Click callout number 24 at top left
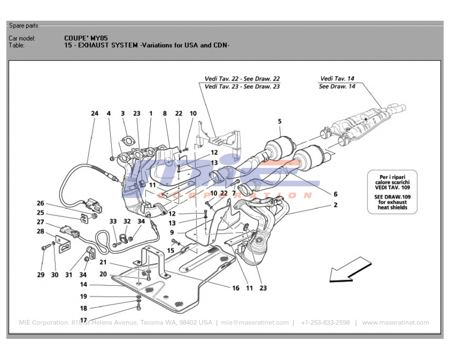pos(94,114)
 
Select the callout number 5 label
pos(279,121)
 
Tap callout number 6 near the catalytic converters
pos(335,194)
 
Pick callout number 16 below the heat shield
pos(236,288)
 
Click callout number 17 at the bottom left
pos(84,320)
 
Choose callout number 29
pos(41,274)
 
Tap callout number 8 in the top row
pos(165,114)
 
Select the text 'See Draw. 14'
pos(337,86)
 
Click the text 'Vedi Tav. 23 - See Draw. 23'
pos(242,86)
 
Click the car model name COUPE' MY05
pos(86,38)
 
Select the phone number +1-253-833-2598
pos(325,323)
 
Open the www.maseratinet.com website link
pos(396,323)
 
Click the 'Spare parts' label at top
pos(24,26)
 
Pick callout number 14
pos(84,285)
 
